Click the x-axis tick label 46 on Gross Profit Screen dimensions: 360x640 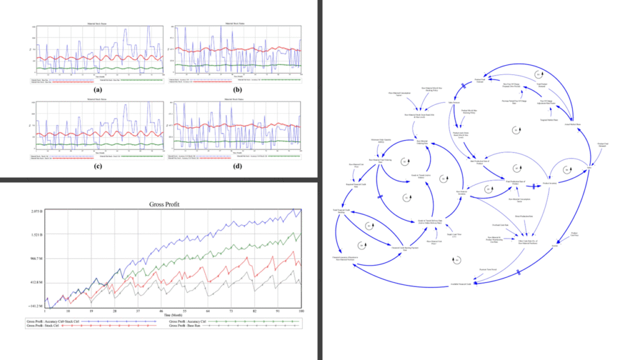[x=161, y=311]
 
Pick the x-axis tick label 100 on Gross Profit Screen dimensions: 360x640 [x=300, y=311]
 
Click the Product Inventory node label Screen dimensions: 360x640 [x=549, y=182]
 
